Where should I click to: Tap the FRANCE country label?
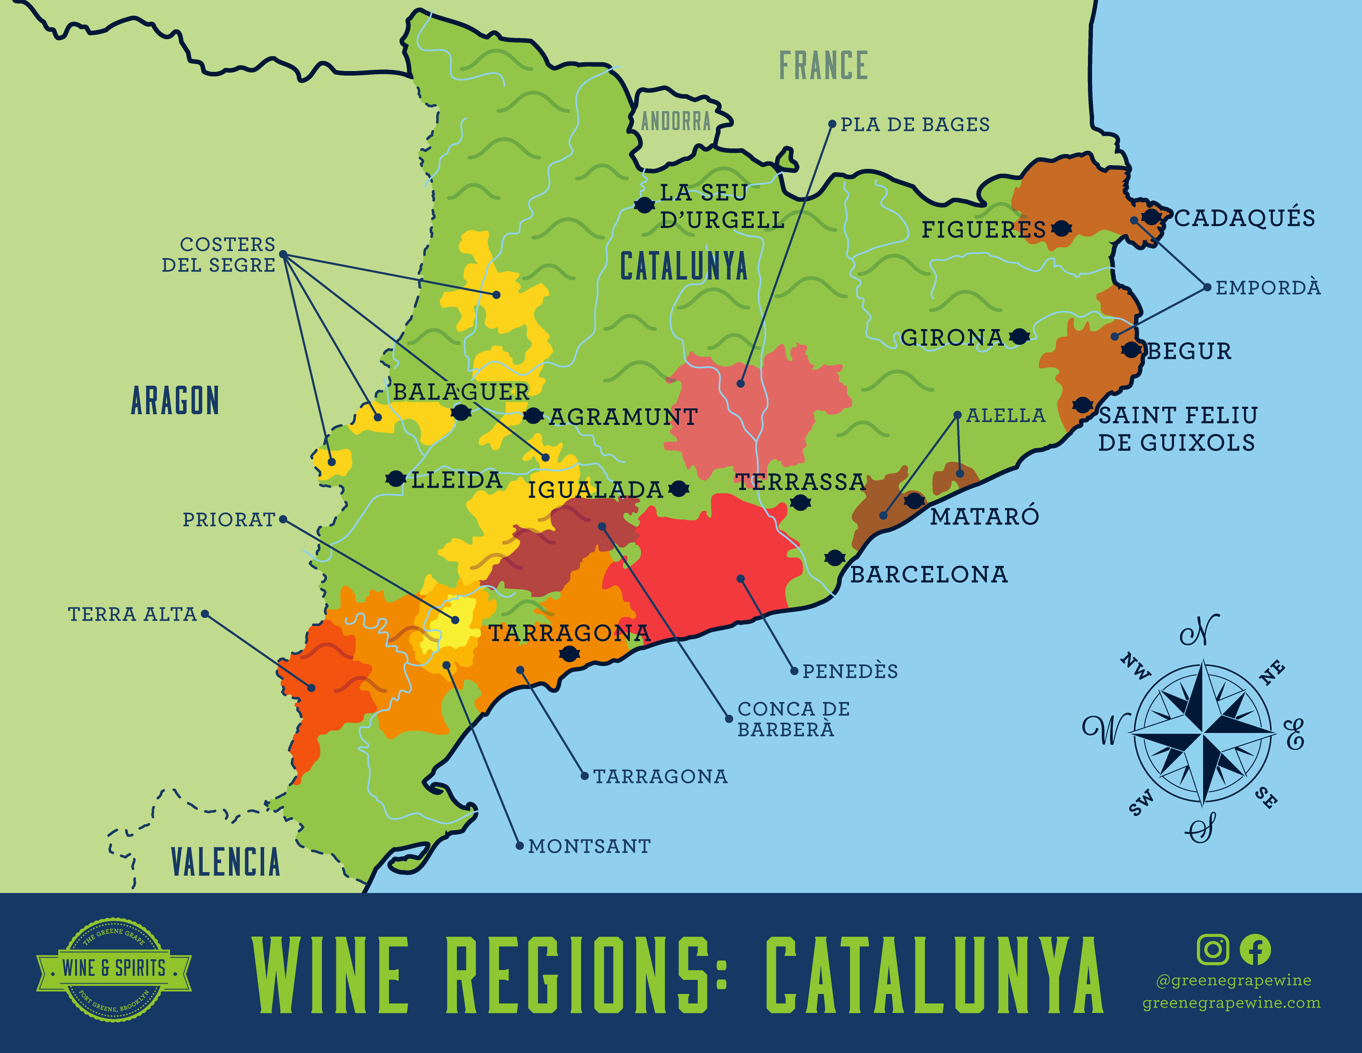coord(823,66)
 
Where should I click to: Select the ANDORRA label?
coord(676,121)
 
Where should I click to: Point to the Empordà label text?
coord(1268,287)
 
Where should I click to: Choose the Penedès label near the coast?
coord(850,671)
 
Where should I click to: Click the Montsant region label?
coord(589,847)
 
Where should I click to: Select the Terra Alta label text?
coord(132,614)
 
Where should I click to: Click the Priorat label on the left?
coord(228,519)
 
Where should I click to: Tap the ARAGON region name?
coord(175,401)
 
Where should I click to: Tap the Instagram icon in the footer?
coord(1212,949)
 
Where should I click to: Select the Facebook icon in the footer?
coord(1255,949)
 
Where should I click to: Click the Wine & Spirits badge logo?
coord(113,969)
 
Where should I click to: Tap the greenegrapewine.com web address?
coord(1231,1003)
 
